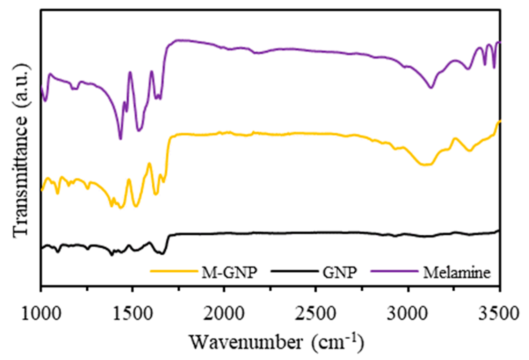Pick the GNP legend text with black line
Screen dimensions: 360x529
(x=340, y=273)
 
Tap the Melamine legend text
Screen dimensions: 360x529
(x=457, y=273)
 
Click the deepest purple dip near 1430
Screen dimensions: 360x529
(x=121, y=139)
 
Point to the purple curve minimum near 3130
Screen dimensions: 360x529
(x=431, y=87)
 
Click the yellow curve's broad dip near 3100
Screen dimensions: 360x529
(x=425, y=165)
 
